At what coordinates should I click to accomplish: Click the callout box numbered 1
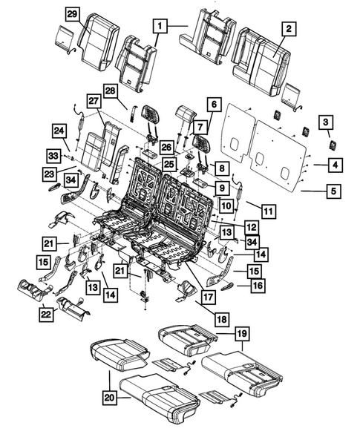[x=159, y=26]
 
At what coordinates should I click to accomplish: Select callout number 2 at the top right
[x=289, y=29]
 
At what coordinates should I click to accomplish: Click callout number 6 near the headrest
[x=213, y=105]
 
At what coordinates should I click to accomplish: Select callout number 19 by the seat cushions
[x=239, y=334]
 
